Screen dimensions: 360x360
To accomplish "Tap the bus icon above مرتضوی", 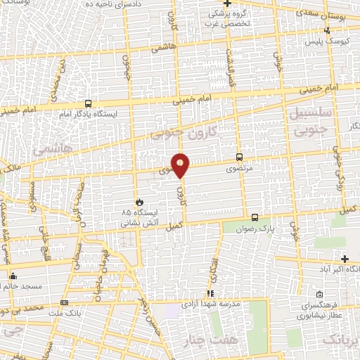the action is (240, 157).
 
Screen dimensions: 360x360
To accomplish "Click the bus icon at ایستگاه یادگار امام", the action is (87, 103).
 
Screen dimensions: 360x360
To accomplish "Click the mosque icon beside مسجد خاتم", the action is (13, 276).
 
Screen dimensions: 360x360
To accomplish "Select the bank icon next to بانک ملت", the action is (65, 303).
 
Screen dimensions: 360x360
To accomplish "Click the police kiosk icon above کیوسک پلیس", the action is (327, 32).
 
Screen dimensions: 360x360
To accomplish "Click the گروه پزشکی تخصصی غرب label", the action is (223, 19).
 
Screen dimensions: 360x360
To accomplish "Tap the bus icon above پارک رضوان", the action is (255, 219).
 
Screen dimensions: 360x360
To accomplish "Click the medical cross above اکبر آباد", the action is (345, 259).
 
